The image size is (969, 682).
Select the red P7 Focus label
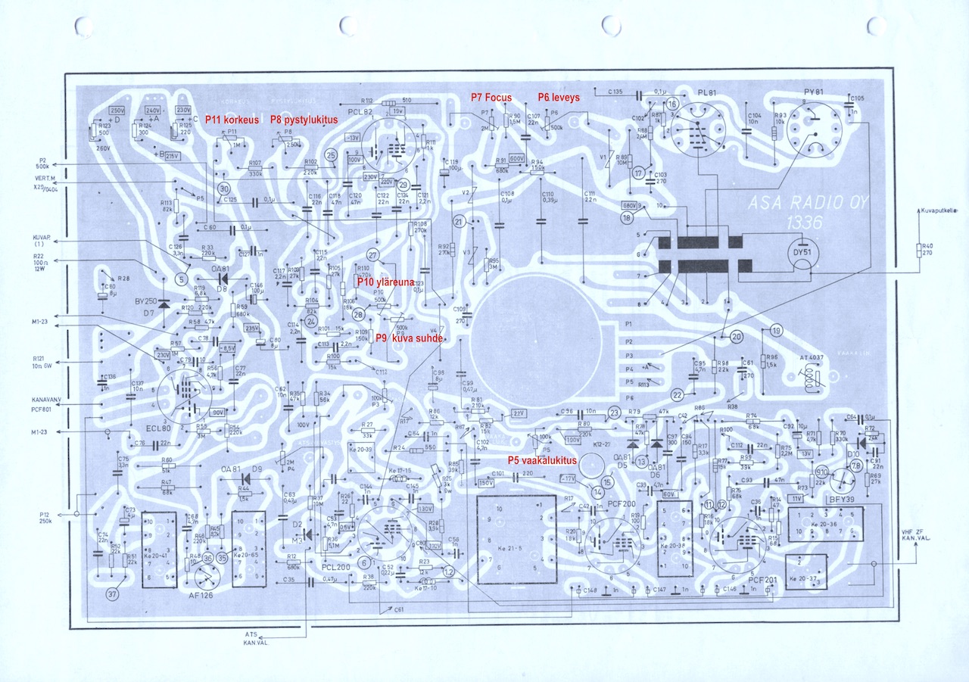coord(491,97)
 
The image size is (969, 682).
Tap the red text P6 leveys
coord(559,97)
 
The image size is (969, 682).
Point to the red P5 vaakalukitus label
coord(542,460)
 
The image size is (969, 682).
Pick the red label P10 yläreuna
coord(386,282)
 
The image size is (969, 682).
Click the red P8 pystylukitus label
coord(304,120)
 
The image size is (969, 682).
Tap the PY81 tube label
coord(814,92)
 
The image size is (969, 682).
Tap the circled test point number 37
coord(113,594)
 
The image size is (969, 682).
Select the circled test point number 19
coord(776,329)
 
